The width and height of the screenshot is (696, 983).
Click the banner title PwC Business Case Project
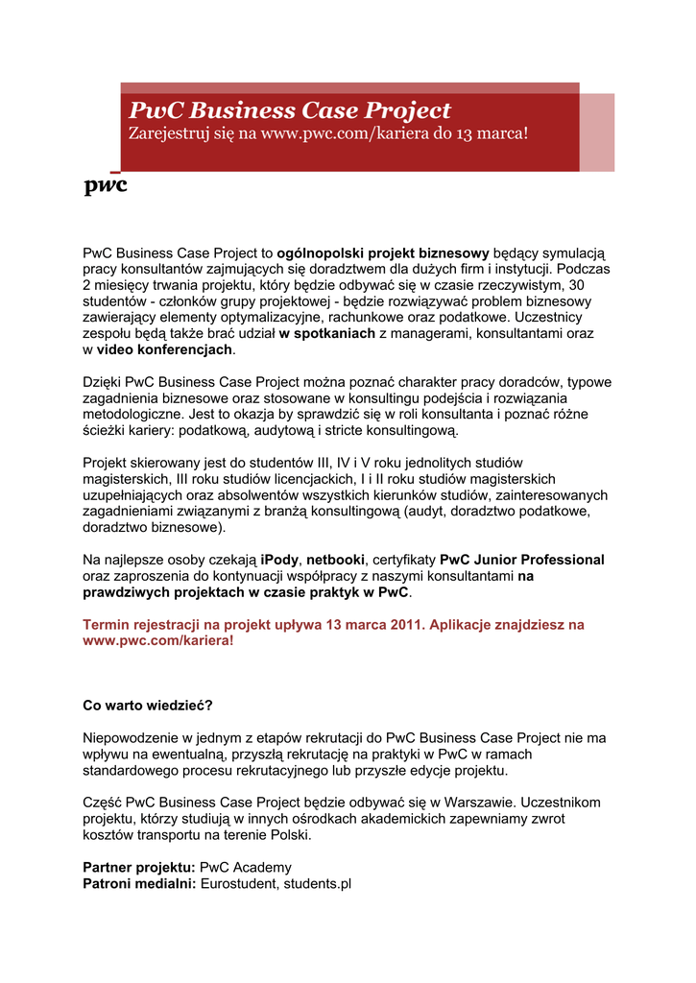click(290, 110)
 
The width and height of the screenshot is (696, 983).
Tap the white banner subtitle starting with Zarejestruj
click(328, 132)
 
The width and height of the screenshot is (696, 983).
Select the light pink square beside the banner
click(596, 132)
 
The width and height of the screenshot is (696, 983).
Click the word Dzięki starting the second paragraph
click(102, 382)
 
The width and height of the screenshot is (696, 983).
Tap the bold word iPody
click(280, 560)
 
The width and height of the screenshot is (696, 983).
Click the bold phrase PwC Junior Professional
click(521, 560)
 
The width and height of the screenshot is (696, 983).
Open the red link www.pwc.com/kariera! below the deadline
click(158, 640)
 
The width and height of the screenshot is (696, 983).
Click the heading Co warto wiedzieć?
click(148, 705)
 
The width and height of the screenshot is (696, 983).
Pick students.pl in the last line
click(318, 883)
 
